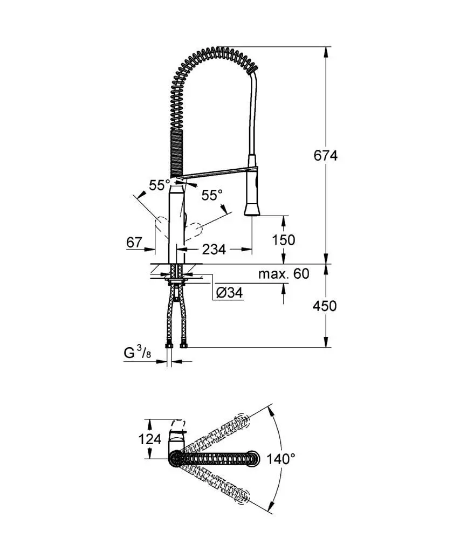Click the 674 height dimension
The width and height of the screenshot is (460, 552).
(325, 156)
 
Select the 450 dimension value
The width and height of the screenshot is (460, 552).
(325, 306)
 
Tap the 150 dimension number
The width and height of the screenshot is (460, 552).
(284, 239)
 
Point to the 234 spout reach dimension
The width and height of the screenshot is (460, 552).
(214, 249)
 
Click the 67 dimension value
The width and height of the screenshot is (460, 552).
(134, 243)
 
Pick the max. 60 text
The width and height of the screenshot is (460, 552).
(283, 274)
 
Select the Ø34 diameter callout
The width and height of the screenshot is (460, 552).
(229, 293)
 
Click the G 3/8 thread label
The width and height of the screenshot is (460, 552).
(137, 354)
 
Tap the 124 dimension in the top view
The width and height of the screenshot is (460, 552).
(149, 439)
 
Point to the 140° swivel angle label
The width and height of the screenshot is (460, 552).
(281, 459)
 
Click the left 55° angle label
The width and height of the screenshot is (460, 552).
(160, 185)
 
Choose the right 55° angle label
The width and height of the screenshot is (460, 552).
(212, 195)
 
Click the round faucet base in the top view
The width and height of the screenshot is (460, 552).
(176, 459)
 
